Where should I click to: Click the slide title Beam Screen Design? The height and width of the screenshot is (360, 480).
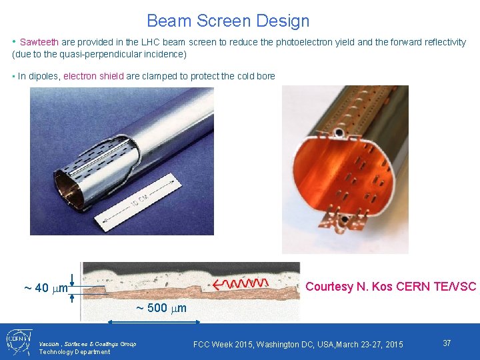[228, 21]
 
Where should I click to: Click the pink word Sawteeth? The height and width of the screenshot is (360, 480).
[39, 42]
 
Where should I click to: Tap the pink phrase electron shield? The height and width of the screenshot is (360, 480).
[94, 76]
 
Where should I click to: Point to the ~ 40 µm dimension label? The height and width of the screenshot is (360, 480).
[46, 288]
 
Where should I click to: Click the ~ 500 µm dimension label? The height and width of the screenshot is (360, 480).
[161, 307]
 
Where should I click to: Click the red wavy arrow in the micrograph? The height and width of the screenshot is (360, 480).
[241, 284]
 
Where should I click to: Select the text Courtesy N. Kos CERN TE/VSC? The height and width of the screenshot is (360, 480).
[391, 286]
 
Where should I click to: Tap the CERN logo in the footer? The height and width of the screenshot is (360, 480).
[19, 341]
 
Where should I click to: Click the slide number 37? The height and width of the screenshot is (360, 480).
[447, 343]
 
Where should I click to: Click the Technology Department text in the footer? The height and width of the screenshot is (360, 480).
[75, 352]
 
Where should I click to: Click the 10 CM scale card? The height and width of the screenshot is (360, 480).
[137, 202]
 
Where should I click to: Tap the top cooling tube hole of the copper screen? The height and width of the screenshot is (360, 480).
[339, 133]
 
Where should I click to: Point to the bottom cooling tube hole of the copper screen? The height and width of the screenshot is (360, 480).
[344, 219]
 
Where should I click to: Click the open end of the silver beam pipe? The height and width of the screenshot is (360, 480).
[69, 190]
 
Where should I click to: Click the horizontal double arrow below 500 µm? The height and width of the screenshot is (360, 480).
[154, 321]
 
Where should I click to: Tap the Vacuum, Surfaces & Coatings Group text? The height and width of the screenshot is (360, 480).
[87, 344]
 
